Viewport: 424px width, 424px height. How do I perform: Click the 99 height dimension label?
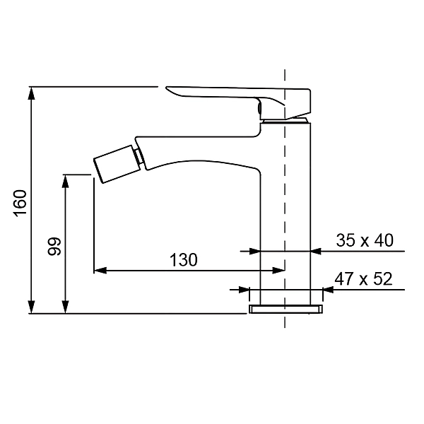[54, 246]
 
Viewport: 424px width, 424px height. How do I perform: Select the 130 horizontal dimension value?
[183, 259]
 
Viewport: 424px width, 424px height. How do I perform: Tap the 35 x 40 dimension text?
[364, 240]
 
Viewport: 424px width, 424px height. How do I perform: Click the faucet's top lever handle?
[240, 97]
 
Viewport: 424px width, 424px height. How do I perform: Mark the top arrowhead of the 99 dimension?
[66, 179]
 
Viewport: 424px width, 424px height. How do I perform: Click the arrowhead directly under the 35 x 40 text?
[317, 250]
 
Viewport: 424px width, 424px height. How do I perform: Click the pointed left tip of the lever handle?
[168, 88]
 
